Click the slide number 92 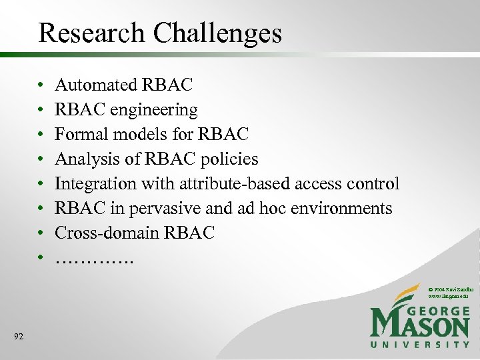(x=18, y=337)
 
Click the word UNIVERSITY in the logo (x=420, y=345)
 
